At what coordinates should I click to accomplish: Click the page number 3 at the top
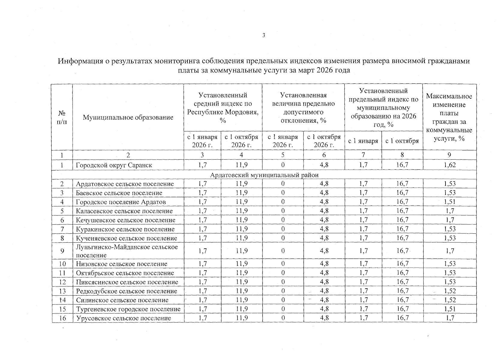pyautogui.click(x=264, y=35)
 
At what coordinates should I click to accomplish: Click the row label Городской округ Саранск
pyautogui.click(x=114, y=165)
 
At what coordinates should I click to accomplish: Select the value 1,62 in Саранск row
pyautogui.click(x=449, y=165)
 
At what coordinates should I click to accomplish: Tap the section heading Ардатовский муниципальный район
pyautogui.click(x=264, y=175)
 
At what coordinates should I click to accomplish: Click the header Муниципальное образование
pyautogui.click(x=128, y=117)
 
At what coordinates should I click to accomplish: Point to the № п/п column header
pyautogui.click(x=62, y=117)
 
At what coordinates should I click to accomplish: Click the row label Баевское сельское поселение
pyautogui.click(x=119, y=193)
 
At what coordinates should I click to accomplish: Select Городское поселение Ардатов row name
pyautogui.click(x=121, y=202)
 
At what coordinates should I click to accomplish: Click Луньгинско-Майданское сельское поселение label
pyautogui.click(x=127, y=251)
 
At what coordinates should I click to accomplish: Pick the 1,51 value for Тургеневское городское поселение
pyautogui.click(x=449, y=309)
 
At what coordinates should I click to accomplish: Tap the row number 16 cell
pyautogui.click(x=62, y=318)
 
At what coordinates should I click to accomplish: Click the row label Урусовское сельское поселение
pyautogui.click(x=123, y=318)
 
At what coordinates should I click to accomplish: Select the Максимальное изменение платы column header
pyautogui.click(x=449, y=117)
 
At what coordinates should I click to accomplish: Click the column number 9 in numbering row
pyautogui.click(x=449, y=155)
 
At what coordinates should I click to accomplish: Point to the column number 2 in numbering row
pyautogui.click(x=128, y=155)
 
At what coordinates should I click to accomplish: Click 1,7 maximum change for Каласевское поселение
pyautogui.click(x=449, y=211)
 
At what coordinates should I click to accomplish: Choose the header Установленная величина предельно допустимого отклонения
pyautogui.click(x=303, y=108)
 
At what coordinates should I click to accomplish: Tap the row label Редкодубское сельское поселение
pyautogui.click(x=126, y=291)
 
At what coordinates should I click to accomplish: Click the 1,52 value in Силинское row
pyautogui.click(x=449, y=300)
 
